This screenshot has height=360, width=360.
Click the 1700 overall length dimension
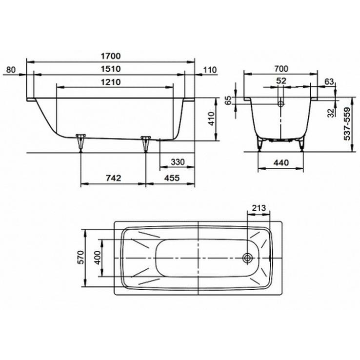pyautogui.click(x=111, y=56)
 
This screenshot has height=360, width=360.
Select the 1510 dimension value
pyautogui.click(x=111, y=69)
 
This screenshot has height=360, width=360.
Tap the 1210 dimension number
pyautogui.click(x=111, y=82)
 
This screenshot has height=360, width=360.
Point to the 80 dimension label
pyautogui.click(x=11, y=70)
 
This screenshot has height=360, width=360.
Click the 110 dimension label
pyautogui.click(x=210, y=70)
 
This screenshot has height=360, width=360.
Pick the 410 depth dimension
pyautogui.click(x=211, y=119)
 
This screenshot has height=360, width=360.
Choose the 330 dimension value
pyautogui.click(x=178, y=162)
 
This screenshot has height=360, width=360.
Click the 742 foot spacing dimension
pyautogui.click(x=114, y=178)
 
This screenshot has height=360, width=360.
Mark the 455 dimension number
pyautogui.click(x=172, y=178)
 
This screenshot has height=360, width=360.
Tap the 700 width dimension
pyautogui.click(x=281, y=69)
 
